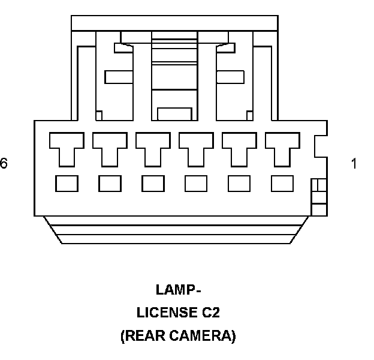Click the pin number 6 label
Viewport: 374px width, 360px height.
pos(4,163)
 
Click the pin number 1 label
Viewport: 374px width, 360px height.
pos(354,163)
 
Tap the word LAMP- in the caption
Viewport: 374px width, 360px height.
pos(177,290)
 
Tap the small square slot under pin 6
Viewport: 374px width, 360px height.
pos(66,183)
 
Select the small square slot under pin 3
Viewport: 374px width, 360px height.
pos(195,183)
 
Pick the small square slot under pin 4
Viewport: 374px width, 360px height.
pos(152,183)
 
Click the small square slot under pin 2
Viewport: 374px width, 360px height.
pos(239,183)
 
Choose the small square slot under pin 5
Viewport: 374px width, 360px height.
pos(109,183)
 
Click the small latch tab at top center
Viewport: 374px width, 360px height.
pos(174,113)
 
